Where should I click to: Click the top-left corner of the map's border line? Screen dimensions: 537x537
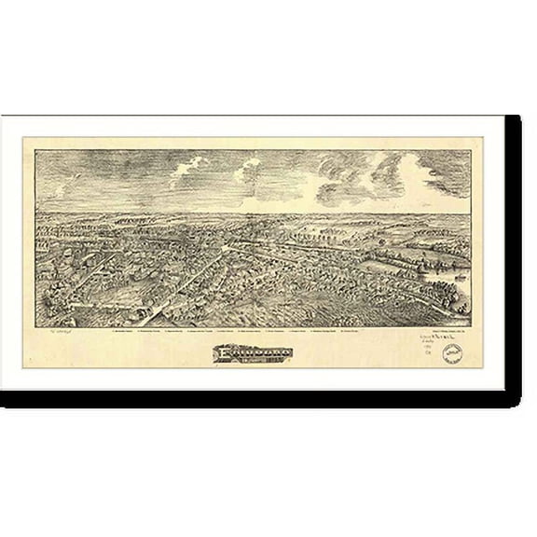pos(34,150)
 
